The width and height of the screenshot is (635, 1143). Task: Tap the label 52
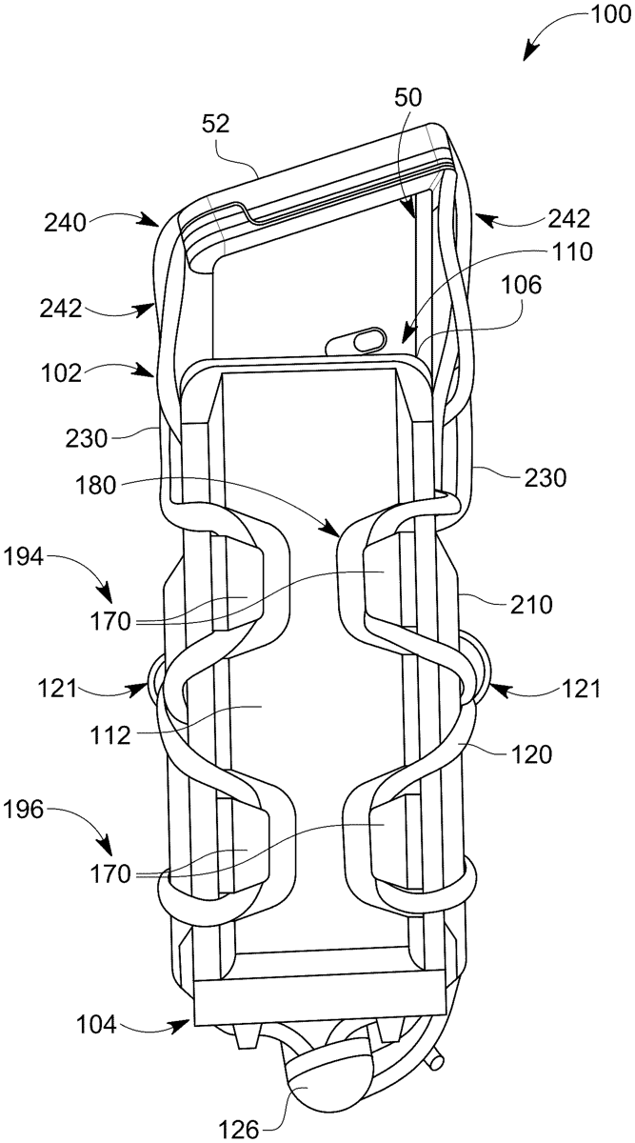point(216,124)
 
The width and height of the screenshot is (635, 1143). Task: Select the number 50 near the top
point(408,97)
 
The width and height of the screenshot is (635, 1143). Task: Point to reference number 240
point(65,224)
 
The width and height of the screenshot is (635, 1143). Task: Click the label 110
point(572,252)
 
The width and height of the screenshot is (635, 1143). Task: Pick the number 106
point(521,285)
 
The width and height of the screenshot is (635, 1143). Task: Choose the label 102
point(61,374)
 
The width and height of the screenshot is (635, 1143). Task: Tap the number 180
point(95,485)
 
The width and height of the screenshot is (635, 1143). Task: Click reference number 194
point(24,556)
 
